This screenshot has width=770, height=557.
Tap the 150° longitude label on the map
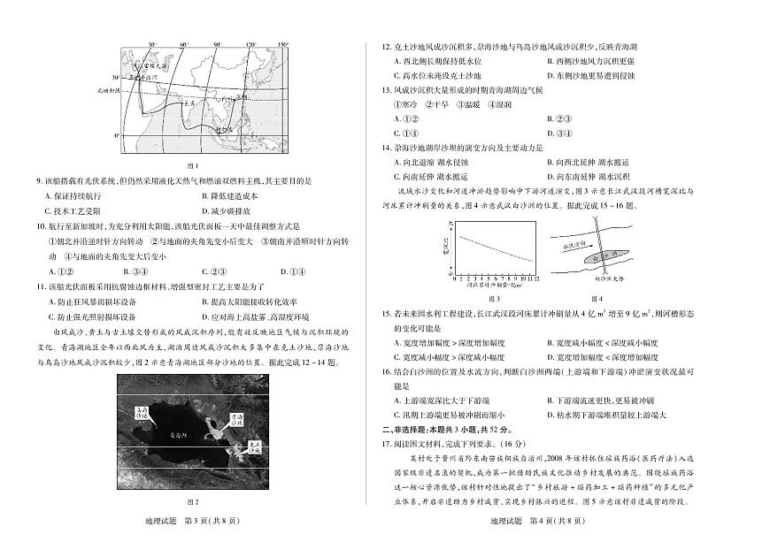coord(282,43)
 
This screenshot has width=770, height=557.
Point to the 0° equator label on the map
coord(117,136)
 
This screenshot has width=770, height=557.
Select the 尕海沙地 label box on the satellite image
coord(237,417)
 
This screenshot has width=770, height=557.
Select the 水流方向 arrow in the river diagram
coord(576,248)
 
